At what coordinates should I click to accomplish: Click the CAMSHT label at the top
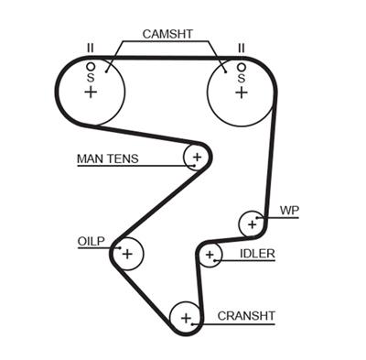pyautogui.click(x=167, y=34)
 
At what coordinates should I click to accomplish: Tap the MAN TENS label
pyautogui.click(x=107, y=158)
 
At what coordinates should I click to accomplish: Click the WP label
pyautogui.click(x=288, y=211)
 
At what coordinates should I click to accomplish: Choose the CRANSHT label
pyautogui.click(x=245, y=316)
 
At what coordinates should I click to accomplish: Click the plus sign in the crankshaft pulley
pyautogui.click(x=186, y=319)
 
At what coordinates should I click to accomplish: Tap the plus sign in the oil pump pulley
pyautogui.click(x=127, y=253)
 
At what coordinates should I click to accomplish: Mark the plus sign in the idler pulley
pyautogui.click(x=210, y=255)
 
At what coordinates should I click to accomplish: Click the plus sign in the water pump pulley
pyautogui.click(x=251, y=223)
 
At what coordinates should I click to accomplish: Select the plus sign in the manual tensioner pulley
pyautogui.click(x=195, y=158)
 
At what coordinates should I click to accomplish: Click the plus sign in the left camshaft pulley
pyautogui.click(x=90, y=92)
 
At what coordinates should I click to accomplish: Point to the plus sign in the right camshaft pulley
pyautogui.click(x=242, y=92)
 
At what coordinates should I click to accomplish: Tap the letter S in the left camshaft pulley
pyautogui.click(x=90, y=78)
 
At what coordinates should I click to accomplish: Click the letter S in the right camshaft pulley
pyautogui.click(x=242, y=78)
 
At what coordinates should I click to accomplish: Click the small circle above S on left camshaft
pyautogui.click(x=90, y=67)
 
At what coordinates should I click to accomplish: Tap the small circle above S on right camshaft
pyautogui.click(x=242, y=67)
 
